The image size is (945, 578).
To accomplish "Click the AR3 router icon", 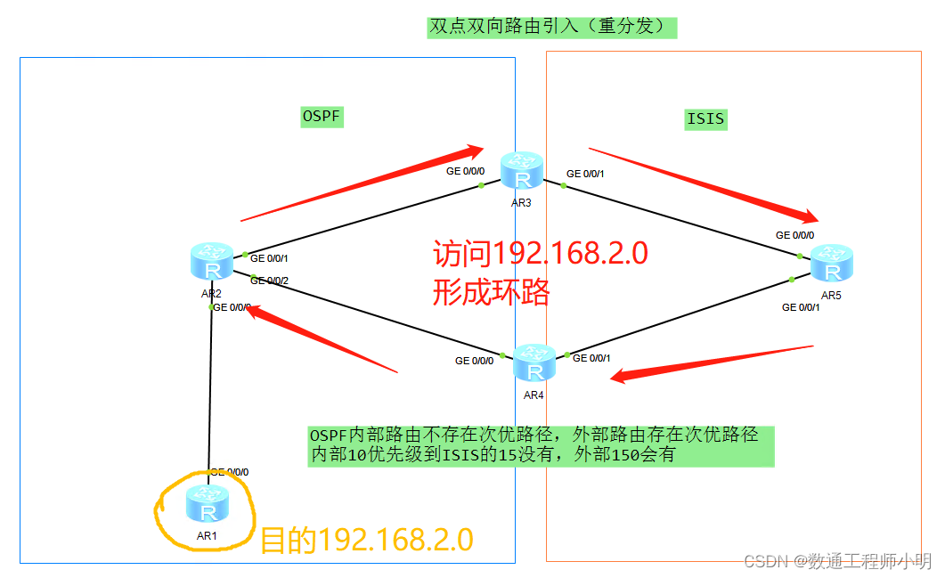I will [x=522, y=170].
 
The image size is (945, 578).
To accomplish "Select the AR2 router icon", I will [x=211, y=262].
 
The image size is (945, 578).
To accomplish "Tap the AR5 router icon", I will [x=832, y=264].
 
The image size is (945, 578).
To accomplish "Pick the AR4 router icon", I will [x=534, y=363].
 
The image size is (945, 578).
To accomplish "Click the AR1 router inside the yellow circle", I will [x=208, y=505].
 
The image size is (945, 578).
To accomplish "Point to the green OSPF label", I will [x=322, y=117].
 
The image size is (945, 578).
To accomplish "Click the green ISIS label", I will [x=705, y=118].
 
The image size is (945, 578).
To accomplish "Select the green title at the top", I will [x=551, y=27].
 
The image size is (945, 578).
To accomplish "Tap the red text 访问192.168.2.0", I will [x=541, y=255].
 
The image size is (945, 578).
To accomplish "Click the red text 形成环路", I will [x=492, y=292].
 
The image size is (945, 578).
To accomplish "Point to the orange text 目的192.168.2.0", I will [x=366, y=541].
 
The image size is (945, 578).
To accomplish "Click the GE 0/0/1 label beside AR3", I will [x=585, y=174].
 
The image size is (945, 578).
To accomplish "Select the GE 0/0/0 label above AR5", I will [x=794, y=235].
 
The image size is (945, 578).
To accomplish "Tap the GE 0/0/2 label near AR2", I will [x=270, y=281].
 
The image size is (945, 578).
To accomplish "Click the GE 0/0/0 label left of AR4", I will [x=474, y=361].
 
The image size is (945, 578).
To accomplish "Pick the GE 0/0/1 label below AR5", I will [x=800, y=307].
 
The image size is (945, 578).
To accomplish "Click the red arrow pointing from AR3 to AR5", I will [x=704, y=185].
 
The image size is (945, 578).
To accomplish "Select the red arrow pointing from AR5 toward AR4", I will [x=713, y=362].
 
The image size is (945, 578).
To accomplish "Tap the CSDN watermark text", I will [x=837, y=561].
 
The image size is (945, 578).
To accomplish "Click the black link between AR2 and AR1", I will [x=210, y=392].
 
